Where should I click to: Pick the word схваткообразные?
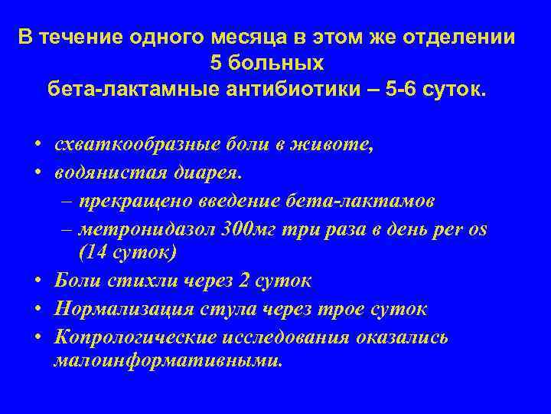(x=145, y=146)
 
